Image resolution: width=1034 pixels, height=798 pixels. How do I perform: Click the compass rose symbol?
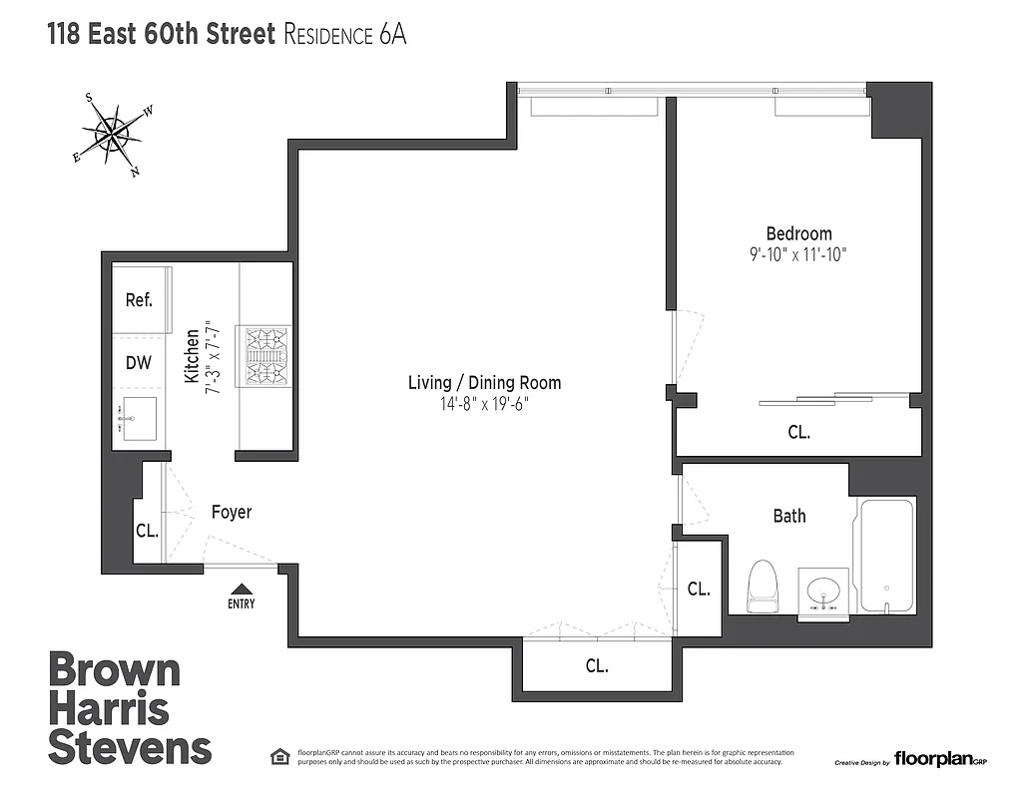[112, 134]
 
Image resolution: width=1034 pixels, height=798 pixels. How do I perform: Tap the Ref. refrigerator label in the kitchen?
[139, 300]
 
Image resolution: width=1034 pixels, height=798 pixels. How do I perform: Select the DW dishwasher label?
[139, 362]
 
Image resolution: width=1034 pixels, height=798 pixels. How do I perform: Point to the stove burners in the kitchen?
[263, 356]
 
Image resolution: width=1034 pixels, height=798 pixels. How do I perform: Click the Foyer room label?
[231, 512]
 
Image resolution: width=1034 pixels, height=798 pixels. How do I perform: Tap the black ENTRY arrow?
[241, 591]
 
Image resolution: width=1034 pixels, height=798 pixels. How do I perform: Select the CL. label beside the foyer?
[147, 531]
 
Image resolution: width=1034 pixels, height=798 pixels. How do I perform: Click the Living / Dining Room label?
[484, 382]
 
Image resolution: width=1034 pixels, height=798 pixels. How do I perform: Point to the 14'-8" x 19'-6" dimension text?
[484, 404]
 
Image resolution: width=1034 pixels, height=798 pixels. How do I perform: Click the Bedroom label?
[798, 233]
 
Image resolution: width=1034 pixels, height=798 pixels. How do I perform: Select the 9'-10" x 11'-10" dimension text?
[798, 254]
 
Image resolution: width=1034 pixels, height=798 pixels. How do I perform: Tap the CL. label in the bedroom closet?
[798, 433]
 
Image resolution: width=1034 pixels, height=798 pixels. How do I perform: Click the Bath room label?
[789, 516]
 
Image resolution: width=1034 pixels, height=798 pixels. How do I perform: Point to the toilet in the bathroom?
[763, 587]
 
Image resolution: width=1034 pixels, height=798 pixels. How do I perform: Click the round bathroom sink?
[824, 592]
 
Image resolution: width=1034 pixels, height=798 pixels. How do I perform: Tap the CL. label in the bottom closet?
[596, 665]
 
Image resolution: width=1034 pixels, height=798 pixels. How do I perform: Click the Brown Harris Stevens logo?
[130, 708]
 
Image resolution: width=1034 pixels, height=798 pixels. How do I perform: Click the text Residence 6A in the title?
[345, 35]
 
